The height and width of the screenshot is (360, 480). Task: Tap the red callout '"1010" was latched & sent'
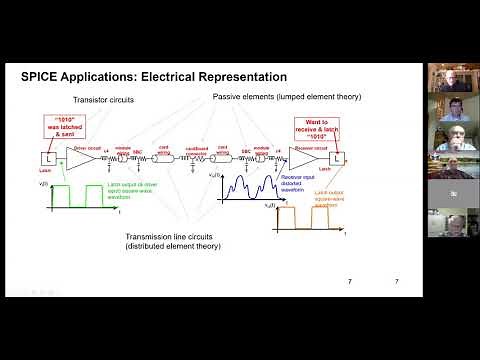(61, 127)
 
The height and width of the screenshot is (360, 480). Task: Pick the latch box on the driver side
(45, 159)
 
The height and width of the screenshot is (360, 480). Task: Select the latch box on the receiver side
(338, 158)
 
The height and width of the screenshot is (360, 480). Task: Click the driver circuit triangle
(86, 159)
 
